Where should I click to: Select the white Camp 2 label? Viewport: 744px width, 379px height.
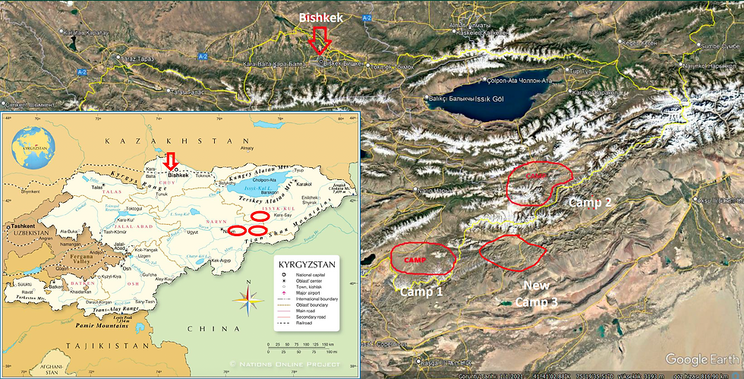pyautogui.click(x=591, y=203)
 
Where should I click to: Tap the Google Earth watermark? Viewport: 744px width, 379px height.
pyautogui.click(x=701, y=358)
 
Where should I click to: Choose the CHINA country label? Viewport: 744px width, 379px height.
pyautogui.click(x=206, y=329)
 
